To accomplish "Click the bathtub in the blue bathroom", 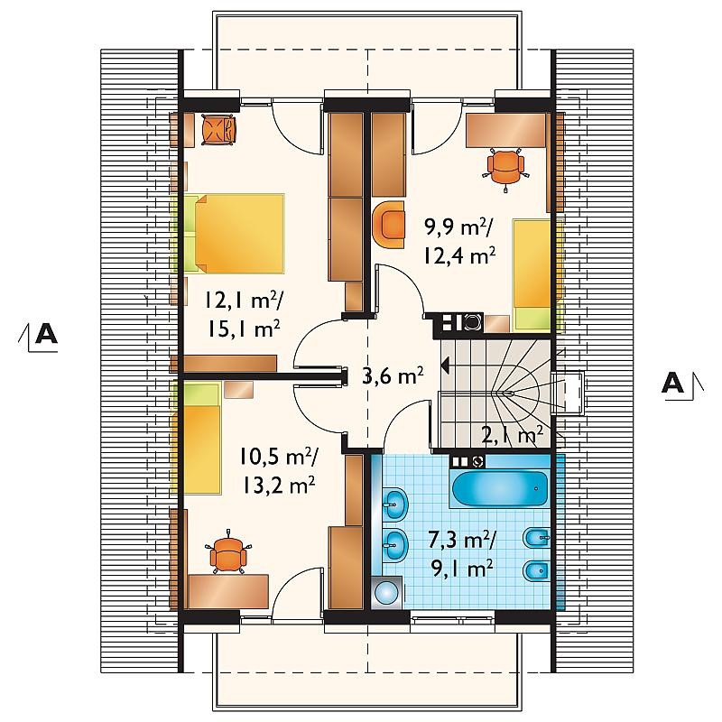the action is (501, 488).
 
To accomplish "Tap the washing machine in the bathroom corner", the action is (386, 592).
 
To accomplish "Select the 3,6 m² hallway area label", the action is (393, 375).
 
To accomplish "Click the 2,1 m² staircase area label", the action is (512, 434).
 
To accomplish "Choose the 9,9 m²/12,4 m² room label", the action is (459, 242).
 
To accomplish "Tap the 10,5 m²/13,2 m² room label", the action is (277, 471).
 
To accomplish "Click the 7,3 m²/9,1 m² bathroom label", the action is (462, 555).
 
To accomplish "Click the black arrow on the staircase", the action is (446, 366).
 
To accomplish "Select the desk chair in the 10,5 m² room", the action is (228, 552).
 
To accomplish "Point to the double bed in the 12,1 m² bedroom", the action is (235, 233).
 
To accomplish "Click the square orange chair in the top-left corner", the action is (218, 130).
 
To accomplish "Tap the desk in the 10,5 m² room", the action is (228, 591).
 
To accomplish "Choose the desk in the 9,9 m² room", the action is (506, 131).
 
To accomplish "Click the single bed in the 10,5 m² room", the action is (202, 440).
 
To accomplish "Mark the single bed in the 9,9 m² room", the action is (532, 275).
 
